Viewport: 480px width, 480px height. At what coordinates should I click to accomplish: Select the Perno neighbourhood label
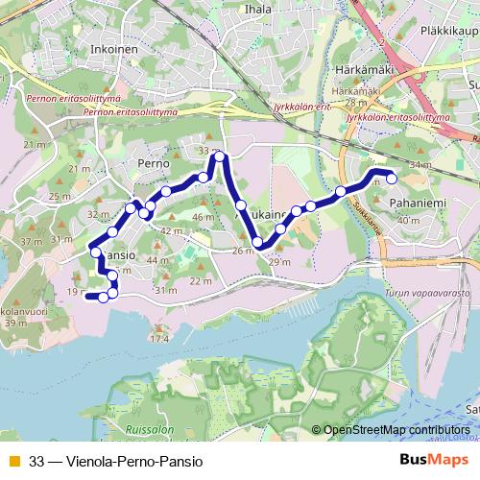click(153, 164)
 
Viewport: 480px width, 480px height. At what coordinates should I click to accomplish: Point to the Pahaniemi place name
click(416, 204)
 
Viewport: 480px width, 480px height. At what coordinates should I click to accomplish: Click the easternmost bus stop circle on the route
click(391, 176)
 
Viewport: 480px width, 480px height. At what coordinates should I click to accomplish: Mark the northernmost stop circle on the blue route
click(220, 156)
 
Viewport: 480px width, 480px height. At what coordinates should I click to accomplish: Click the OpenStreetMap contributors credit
click(396, 431)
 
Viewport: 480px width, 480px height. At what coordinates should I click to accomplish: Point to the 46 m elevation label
click(202, 218)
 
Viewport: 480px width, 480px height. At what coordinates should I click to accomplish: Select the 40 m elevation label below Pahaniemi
click(408, 221)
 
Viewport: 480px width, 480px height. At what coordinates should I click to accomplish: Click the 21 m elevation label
click(35, 144)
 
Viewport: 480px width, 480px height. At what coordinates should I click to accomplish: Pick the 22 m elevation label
click(201, 280)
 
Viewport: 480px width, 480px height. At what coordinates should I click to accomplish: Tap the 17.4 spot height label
click(158, 339)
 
